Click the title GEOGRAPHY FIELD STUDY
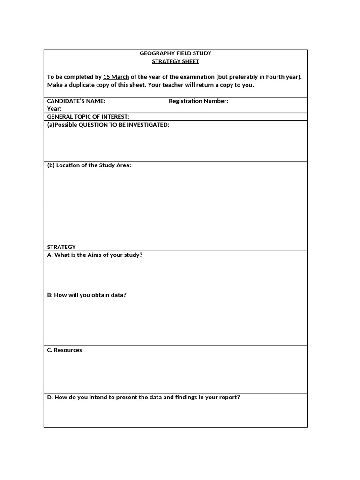click(x=175, y=53)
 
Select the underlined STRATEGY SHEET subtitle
click(x=175, y=61)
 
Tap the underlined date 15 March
click(x=116, y=77)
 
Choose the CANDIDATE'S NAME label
click(x=76, y=101)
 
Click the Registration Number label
click(x=198, y=101)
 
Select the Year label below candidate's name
click(x=54, y=109)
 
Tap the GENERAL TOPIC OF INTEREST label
click(x=88, y=117)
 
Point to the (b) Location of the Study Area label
click(x=89, y=165)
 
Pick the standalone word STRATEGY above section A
click(x=61, y=247)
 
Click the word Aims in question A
click(x=94, y=255)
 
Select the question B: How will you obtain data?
click(x=87, y=295)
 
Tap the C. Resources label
click(x=64, y=350)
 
